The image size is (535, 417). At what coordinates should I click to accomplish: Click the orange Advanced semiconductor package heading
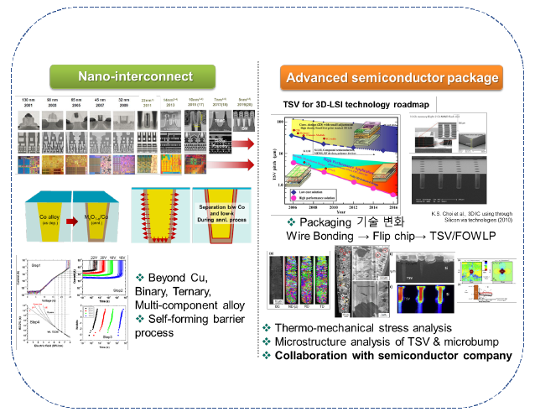(x=393, y=79)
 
